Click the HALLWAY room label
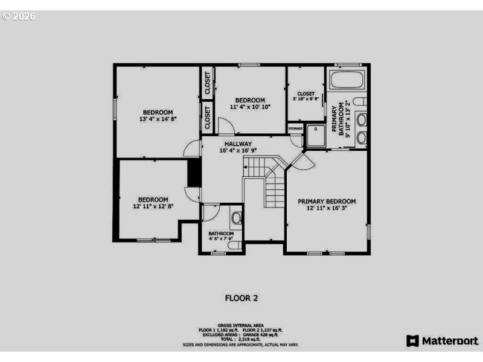click(238, 144)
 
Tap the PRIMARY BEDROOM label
click(327, 201)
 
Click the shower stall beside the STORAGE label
click(315, 136)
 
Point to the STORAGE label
click(295, 129)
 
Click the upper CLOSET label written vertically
click(206, 83)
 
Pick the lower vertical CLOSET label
click(206, 118)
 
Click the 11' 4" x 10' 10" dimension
click(250, 107)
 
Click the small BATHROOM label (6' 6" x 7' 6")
click(221, 233)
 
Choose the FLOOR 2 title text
click(241, 297)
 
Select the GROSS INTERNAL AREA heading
click(241, 325)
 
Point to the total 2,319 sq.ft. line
click(241, 340)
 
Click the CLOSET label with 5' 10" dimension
click(305, 94)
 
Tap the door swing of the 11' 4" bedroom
click(226, 127)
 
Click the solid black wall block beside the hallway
click(194, 174)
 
